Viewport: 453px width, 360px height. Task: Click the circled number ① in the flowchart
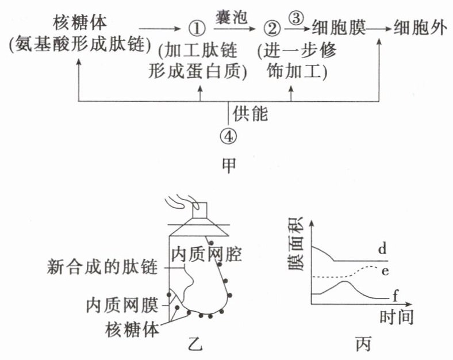pyautogui.click(x=197, y=28)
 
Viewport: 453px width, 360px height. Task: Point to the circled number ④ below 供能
pyautogui.click(x=229, y=136)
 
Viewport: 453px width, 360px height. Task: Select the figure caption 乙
pyautogui.click(x=196, y=344)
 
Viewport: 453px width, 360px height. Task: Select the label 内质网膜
pyautogui.click(x=122, y=302)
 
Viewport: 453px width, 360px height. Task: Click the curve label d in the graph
pyautogui.click(x=382, y=249)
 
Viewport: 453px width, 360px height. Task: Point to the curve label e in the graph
pyautogui.click(x=384, y=270)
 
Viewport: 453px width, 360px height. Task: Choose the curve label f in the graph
pyautogui.click(x=396, y=296)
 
